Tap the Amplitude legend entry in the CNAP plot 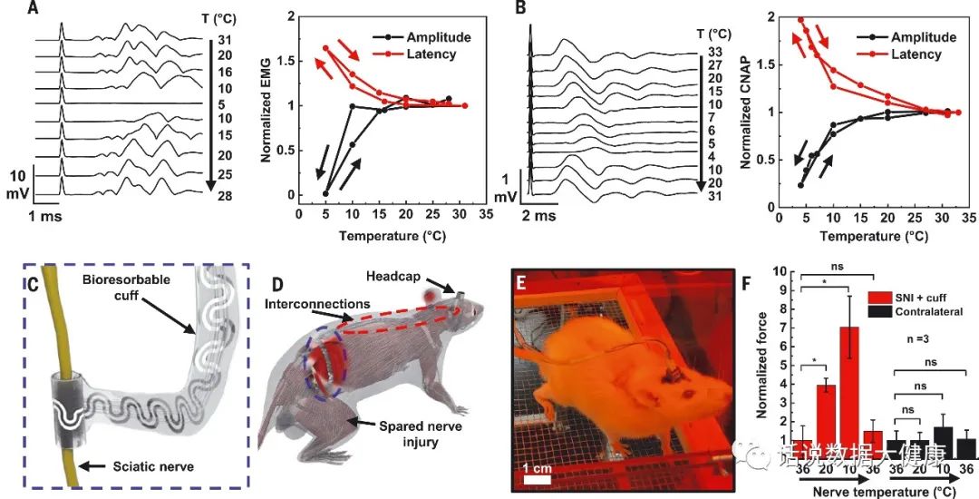tap(923, 37)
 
